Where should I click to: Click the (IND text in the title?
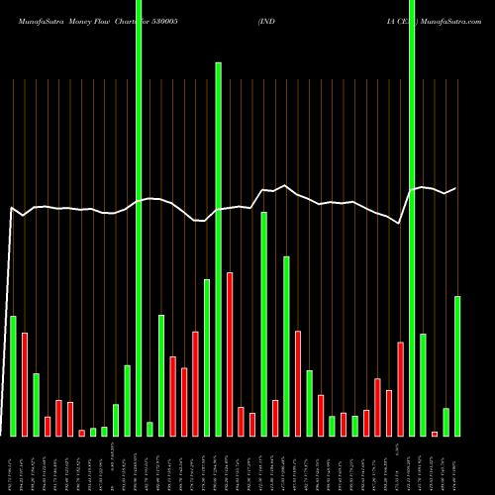click(x=267, y=19)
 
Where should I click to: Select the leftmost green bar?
click(x=13, y=375)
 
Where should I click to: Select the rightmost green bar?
click(x=457, y=365)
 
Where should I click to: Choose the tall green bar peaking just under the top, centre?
click(x=218, y=247)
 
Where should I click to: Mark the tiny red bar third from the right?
click(x=435, y=434)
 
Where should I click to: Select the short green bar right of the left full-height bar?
click(x=149, y=429)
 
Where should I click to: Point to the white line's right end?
click(x=456, y=188)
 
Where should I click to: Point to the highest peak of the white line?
click(x=285, y=185)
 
